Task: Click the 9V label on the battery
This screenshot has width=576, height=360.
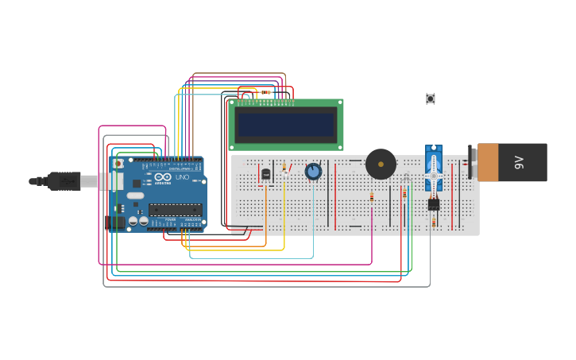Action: click(520, 162)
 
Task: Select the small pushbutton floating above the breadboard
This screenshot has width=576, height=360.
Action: click(431, 99)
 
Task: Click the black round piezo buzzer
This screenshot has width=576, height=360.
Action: click(381, 164)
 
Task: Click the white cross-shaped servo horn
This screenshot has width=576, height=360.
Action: click(433, 174)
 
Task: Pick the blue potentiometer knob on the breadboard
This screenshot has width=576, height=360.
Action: click(313, 171)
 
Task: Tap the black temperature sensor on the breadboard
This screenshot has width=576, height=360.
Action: click(265, 172)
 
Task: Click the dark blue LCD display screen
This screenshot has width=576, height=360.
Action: click(286, 125)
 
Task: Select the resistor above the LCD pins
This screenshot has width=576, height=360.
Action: click(265, 92)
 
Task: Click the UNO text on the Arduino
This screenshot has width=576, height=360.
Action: click(182, 177)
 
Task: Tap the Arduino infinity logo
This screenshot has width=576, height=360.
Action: click(163, 177)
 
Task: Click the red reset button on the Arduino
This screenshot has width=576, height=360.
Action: click(118, 163)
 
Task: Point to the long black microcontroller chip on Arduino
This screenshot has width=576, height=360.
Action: click(175, 210)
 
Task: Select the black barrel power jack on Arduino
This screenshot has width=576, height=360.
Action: click(116, 223)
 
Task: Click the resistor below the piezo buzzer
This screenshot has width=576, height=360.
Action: click(372, 197)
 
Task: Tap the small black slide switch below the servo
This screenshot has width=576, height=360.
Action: click(433, 204)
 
